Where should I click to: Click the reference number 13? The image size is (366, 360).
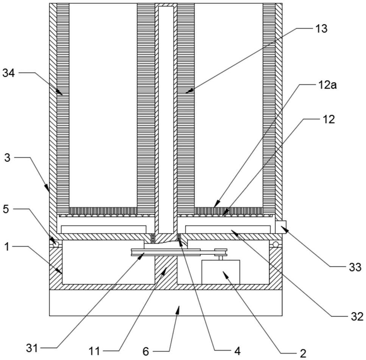pos(321,29)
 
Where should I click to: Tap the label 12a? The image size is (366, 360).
pos(327,85)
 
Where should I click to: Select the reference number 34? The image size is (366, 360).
pos(9,73)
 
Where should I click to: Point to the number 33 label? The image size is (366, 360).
pos(355,267)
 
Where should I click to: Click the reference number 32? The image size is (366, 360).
pos(357,317)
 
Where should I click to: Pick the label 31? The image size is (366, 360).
pos(32,349)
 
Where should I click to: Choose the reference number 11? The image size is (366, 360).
pos(94,351)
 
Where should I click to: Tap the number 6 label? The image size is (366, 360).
pos(146,352)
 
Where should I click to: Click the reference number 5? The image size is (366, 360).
pos(6,209)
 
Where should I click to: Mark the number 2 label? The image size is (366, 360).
pos(303,354)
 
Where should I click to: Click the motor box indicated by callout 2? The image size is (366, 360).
pos(221,272)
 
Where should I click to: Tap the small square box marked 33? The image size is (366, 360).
pos(281,227)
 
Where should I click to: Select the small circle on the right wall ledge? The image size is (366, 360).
pos(276,244)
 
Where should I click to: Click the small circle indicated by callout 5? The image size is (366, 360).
pos(56,244)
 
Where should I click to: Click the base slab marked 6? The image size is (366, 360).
pos(166,303)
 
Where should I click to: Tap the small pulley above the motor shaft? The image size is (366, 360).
pos(221,252)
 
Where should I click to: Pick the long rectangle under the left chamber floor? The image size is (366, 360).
pos(104,229)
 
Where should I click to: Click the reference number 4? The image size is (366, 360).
pos(237,351)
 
